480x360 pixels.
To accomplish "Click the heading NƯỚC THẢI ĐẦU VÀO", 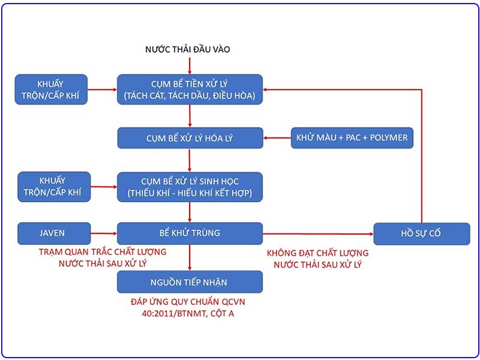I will click(x=188, y=49).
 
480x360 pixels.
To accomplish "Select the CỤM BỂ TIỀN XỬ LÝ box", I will click(x=190, y=89).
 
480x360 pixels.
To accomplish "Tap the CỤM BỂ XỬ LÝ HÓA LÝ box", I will click(x=190, y=138).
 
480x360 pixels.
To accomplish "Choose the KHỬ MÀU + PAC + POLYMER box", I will click(x=352, y=138).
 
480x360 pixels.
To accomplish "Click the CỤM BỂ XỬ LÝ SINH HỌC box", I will click(x=190, y=187).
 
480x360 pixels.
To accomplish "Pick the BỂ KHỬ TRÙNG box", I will click(x=190, y=233).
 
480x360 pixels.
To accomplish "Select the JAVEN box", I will click(x=53, y=233).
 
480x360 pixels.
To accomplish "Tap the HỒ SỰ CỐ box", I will click(x=421, y=233).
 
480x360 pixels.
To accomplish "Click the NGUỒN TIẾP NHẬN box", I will click(x=190, y=281).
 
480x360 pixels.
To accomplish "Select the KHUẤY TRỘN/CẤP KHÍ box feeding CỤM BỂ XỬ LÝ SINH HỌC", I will click(x=53, y=187).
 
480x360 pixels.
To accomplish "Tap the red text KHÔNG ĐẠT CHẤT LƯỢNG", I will click(x=317, y=253).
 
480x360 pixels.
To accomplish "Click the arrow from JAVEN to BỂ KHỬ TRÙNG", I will click(x=103, y=233).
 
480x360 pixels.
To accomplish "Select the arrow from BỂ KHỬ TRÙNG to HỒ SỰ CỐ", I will click(x=318, y=233).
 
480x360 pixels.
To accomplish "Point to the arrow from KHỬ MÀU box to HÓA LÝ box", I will click(x=277, y=138).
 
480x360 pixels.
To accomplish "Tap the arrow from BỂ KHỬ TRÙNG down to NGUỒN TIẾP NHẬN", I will click(x=190, y=257).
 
